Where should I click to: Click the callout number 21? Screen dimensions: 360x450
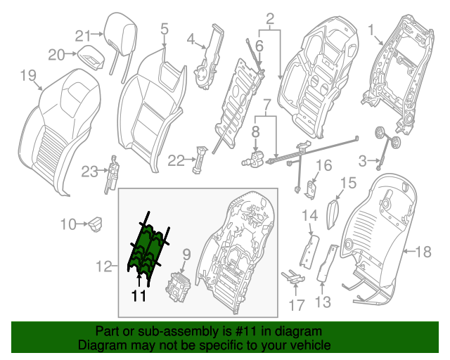coord(84,37)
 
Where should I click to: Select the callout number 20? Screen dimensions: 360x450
coord(57,54)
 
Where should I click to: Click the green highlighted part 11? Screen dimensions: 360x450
coord(148,243)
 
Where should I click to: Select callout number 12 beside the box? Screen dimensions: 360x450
coord(103,266)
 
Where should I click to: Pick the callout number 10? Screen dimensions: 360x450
coord(68,224)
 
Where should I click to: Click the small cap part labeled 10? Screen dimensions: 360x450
coord(96,224)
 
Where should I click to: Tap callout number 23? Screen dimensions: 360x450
coord(89,171)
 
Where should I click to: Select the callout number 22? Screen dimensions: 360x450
coord(176,162)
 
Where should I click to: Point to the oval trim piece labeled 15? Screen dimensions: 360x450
coord(333,210)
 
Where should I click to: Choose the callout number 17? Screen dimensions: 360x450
coord(297,305)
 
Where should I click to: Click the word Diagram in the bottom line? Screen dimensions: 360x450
coord(98,345)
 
